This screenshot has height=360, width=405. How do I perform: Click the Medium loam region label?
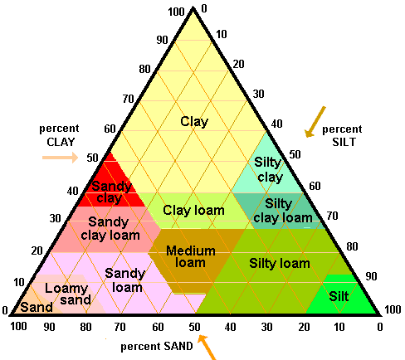tap(191, 256)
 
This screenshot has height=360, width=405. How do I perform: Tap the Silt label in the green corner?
tap(339, 296)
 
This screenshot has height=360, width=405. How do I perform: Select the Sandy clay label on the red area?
tap(111, 192)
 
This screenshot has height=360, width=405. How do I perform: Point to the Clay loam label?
tap(193, 211)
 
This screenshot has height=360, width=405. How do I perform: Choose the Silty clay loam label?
tap(283, 211)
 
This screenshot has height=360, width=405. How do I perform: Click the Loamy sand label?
tap(68, 294)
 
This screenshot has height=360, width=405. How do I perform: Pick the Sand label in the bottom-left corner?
tap(37, 307)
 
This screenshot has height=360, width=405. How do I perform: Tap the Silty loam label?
tap(280, 263)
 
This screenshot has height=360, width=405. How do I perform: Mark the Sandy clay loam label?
tap(110, 229)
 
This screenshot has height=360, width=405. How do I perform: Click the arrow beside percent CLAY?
tap(61, 158)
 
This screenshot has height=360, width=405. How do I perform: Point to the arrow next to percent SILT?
tap(315, 122)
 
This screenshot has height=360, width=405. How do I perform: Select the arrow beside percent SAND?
tap(207, 348)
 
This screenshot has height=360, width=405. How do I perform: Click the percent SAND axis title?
tap(157, 346)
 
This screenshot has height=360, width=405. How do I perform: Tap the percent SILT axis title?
tap(343, 135)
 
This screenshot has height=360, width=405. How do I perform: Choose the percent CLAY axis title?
tap(59, 135)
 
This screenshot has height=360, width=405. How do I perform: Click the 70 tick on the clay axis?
tap(129, 99)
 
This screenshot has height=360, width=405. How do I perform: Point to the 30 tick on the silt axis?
tap(258, 94)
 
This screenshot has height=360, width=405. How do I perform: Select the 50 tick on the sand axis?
tap(194, 327)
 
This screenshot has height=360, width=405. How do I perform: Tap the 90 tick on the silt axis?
tap(371, 276)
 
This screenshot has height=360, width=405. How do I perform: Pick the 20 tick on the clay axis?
tap(37, 251)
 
